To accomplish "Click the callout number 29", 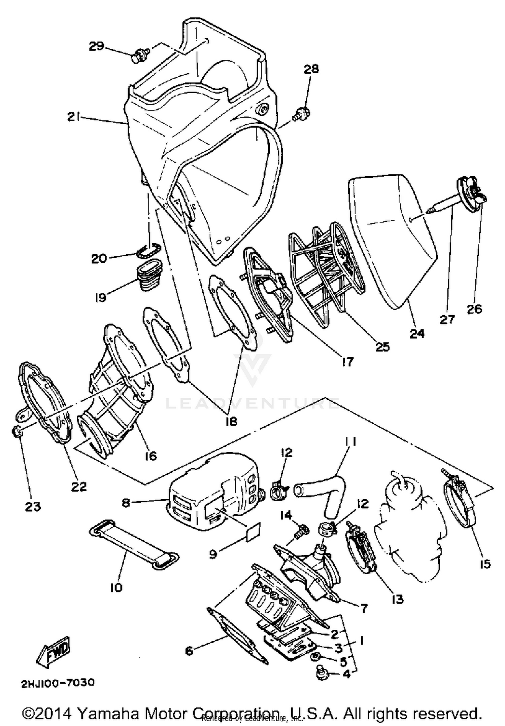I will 97,46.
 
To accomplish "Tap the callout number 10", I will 116,588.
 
